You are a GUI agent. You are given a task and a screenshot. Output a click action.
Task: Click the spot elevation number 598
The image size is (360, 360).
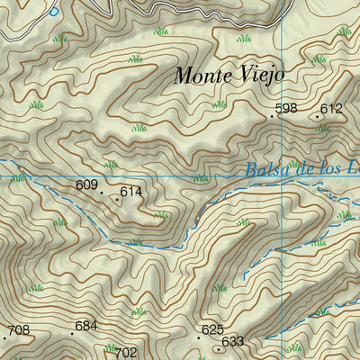pos(286,109)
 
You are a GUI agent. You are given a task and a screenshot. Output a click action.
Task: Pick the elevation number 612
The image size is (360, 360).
pos(332,109)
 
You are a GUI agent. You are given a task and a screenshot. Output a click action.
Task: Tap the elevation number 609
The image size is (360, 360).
pos(86,185)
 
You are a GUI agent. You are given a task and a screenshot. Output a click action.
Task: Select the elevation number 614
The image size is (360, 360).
pos(131,192)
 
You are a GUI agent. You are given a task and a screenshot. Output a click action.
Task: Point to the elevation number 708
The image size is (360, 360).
pos(19,330)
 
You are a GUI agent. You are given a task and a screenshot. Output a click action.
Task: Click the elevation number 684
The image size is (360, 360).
pos(85,325)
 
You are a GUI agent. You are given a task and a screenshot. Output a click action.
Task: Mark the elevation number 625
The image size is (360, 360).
pos(212,330)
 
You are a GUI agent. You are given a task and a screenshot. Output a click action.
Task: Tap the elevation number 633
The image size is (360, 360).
pos(232,341)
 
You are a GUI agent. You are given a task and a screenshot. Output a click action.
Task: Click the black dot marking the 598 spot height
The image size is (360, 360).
pos(272,115)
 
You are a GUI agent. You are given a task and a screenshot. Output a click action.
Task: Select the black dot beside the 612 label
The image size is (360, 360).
pos(317,115)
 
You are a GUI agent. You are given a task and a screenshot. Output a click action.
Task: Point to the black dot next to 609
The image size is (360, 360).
pos(101,192)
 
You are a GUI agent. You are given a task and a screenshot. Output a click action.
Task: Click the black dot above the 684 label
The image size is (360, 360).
pos(73,332)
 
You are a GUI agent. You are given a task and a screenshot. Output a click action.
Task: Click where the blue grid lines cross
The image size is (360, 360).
pos(281,161)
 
